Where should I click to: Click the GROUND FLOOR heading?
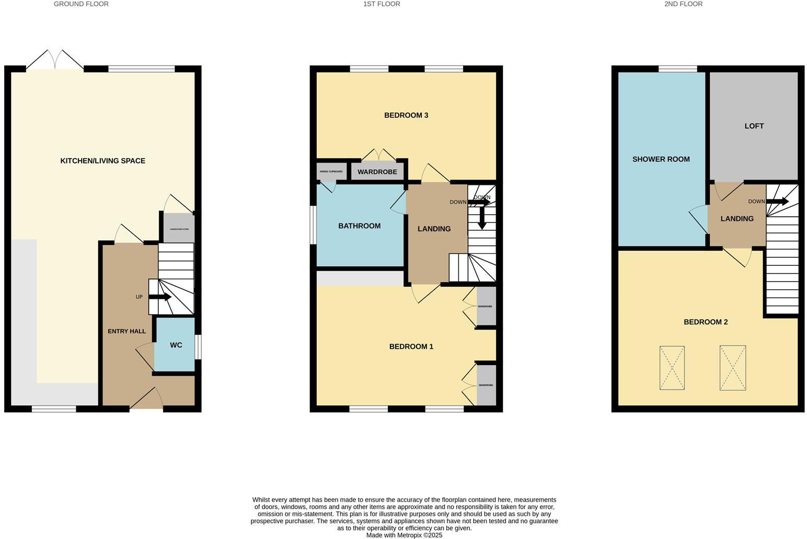point(81,4)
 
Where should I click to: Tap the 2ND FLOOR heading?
point(683,4)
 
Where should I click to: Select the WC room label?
point(176,345)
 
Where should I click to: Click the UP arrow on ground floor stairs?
point(160,297)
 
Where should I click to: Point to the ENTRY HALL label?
point(126,332)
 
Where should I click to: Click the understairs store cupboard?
point(179,228)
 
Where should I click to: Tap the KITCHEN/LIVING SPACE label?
point(103,161)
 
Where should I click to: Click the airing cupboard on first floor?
point(331,171)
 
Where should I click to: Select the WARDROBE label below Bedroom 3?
point(377,172)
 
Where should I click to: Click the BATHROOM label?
point(359,226)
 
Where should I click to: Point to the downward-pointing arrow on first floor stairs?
point(482,218)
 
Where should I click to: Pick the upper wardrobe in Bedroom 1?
point(486,307)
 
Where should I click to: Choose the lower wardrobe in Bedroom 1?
point(486,385)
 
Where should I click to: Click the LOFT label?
point(754,126)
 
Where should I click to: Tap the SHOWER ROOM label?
point(661,159)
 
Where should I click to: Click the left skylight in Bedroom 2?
point(672,368)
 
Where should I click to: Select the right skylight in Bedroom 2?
point(732,368)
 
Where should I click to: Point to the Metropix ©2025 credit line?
point(404,535)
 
